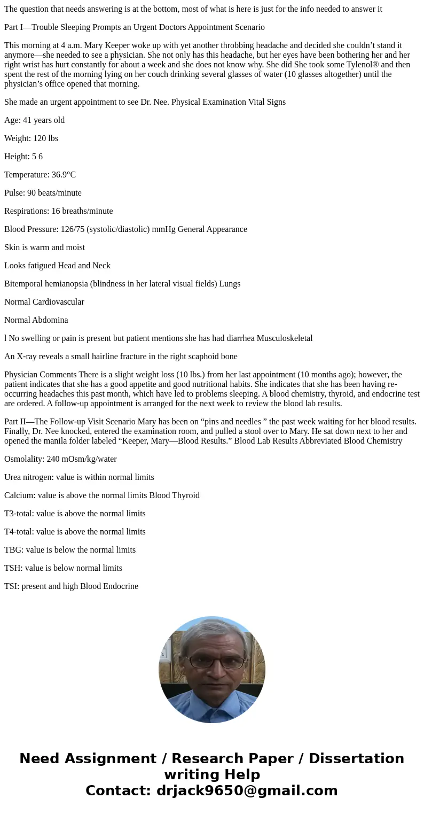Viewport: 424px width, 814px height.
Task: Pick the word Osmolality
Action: click(x=23, y=459)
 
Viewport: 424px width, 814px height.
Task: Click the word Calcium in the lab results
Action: click(x=19, y=495)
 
